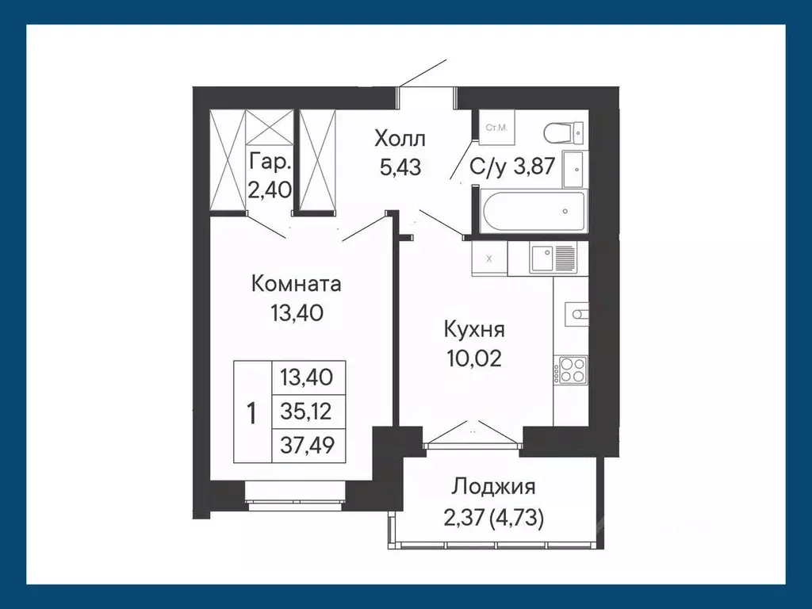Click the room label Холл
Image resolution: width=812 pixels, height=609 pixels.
[400, 140]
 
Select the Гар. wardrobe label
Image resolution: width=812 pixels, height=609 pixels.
[270, 163]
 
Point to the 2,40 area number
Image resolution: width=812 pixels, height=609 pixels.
[270, 190]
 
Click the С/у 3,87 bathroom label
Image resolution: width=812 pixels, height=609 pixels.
[511, 167]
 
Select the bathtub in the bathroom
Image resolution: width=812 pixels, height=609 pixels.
[532, 211]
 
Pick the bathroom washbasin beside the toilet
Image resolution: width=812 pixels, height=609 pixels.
[574, 167]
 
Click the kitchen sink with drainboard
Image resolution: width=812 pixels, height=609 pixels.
[553, 257]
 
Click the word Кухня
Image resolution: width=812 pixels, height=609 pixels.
[474, 329]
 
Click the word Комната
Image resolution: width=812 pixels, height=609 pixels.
[296, 283]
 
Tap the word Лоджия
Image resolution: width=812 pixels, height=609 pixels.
[494, 486]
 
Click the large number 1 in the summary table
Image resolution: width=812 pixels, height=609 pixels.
[251, 413]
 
